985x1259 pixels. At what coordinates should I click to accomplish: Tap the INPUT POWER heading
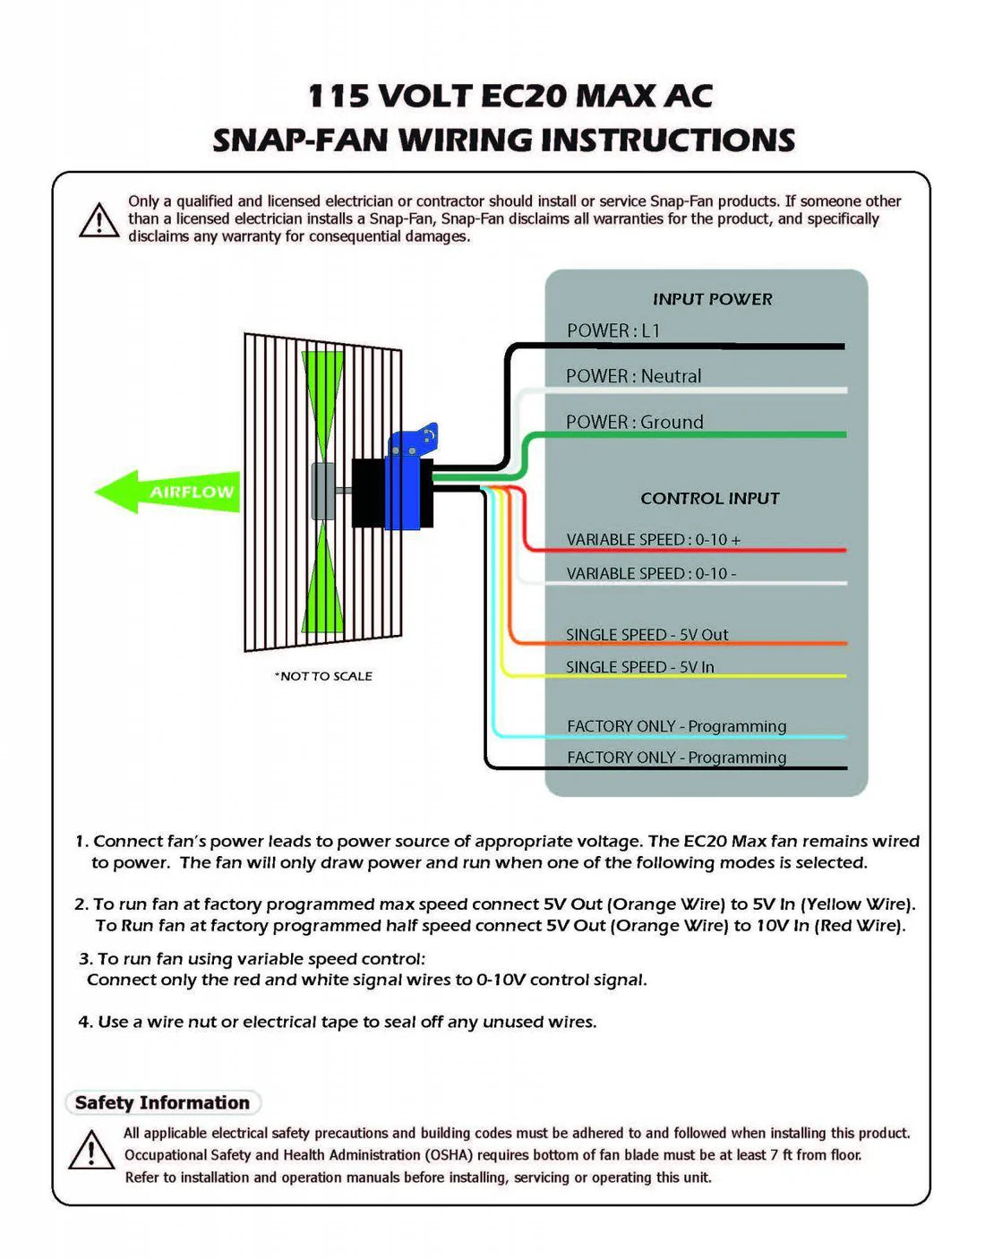coord(712,299)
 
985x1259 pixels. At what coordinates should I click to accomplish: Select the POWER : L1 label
coord(613,330)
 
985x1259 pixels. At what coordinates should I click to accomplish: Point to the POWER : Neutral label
coord(633,376)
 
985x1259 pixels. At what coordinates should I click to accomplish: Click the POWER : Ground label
coord(634,422)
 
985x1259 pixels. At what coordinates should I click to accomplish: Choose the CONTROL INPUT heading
coord(709,499)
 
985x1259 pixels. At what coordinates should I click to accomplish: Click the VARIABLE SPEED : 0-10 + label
coord(653,540)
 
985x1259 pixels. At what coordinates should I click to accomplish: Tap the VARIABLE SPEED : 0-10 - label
coord(651,573)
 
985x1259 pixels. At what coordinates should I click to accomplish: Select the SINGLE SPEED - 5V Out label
coord(647,635)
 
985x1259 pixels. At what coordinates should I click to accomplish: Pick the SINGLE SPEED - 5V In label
coord(639,667)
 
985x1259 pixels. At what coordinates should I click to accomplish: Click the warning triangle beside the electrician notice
coord(98,220)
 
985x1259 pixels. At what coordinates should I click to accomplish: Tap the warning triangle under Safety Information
coord(90,1150)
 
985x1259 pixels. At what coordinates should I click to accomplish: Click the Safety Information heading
coord(162,1103)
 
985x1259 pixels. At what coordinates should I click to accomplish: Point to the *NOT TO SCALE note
coord(323,676)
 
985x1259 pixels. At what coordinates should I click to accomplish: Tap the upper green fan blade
coord(322,403)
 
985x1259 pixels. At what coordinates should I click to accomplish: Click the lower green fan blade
coord(323,582)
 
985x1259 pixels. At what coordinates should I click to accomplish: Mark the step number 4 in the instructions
coord(85,1022)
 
